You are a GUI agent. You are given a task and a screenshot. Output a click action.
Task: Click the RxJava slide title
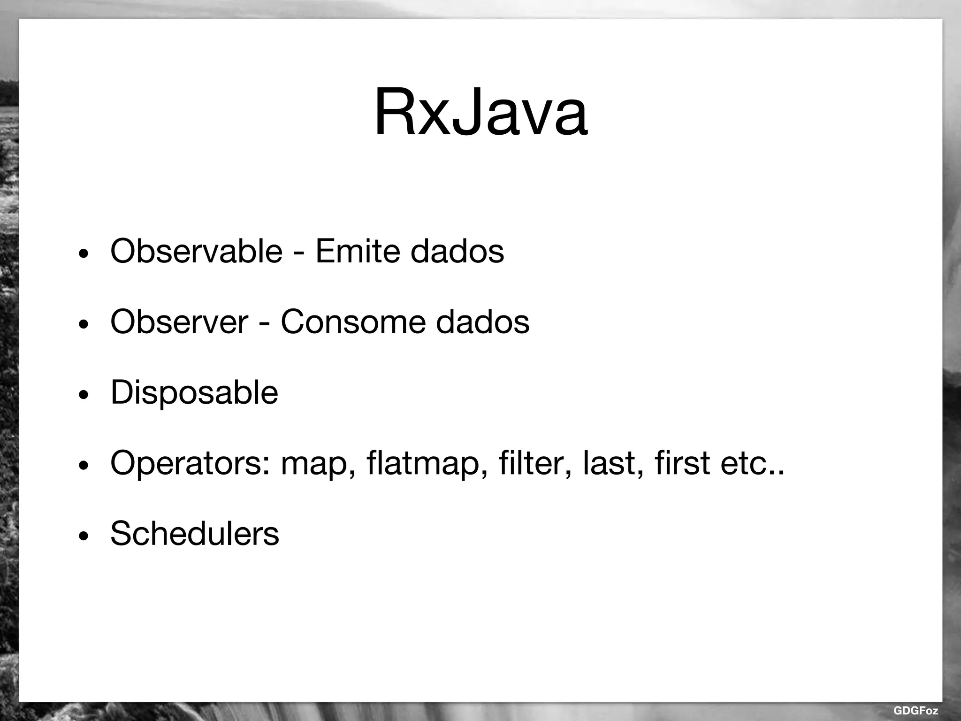[480, 113]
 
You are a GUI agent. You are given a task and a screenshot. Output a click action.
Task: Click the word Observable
[196, 251]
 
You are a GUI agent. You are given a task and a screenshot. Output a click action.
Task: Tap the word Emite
[357, 251]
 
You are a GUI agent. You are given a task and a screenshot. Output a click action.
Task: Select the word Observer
[179, 322]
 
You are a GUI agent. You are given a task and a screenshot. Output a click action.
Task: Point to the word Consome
[353, 322]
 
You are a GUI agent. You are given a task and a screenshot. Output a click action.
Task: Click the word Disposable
[194, 392]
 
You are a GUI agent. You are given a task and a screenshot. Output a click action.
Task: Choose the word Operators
[190, 463]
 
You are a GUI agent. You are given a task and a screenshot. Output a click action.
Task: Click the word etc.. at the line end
[753, 463]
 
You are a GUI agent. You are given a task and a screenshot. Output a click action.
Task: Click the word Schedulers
[194, 534]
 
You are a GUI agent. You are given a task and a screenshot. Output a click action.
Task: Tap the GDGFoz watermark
[915, 711]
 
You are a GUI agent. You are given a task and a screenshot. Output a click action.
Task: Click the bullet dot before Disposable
[84, 396]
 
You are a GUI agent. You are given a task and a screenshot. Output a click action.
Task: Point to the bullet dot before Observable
[84, 254]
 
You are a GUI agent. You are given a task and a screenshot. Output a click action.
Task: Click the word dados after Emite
[457, 251]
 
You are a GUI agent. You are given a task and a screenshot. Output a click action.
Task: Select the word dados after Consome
[482, 322]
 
